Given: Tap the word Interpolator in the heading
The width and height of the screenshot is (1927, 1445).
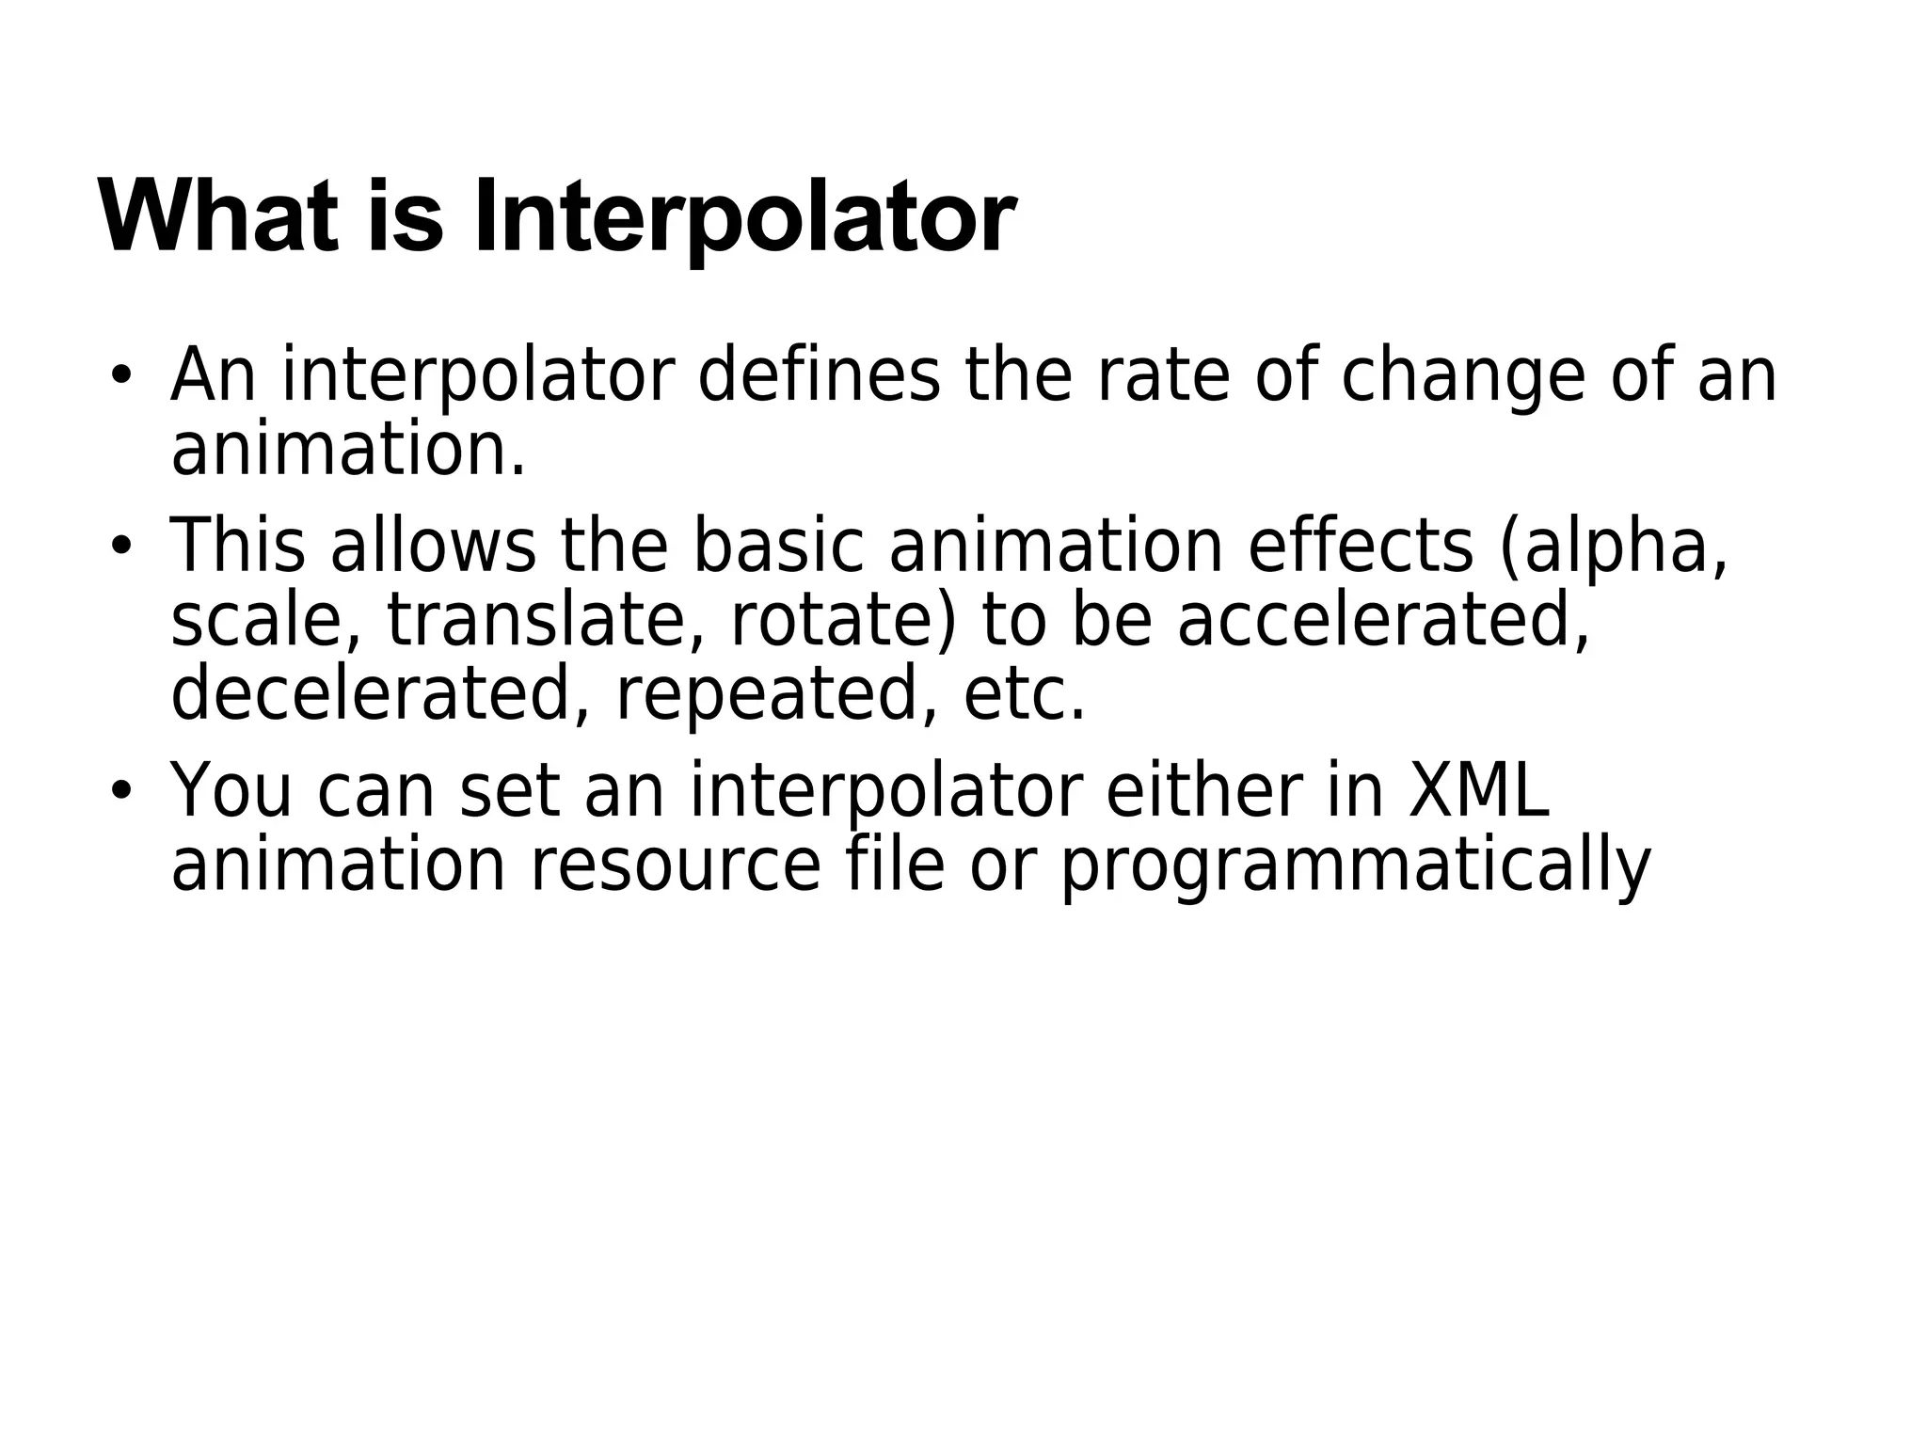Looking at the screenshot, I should point(743,218).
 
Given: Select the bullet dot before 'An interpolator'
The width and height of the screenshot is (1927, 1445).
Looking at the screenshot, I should point(119,375).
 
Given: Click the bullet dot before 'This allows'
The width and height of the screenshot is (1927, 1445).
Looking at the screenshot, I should point(119,545).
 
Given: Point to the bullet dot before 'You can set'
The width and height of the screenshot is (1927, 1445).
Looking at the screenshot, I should point(119,790).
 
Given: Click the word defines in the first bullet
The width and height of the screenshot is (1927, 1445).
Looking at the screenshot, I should point(819,374).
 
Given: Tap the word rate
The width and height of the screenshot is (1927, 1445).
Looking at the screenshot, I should point(1162,374).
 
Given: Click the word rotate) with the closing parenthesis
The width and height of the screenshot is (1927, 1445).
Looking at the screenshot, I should point(843,623).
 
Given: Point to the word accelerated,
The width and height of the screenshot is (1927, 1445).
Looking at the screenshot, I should point(1383,623).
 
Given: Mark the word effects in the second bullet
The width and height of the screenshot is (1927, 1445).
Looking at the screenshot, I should point(1360,546).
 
